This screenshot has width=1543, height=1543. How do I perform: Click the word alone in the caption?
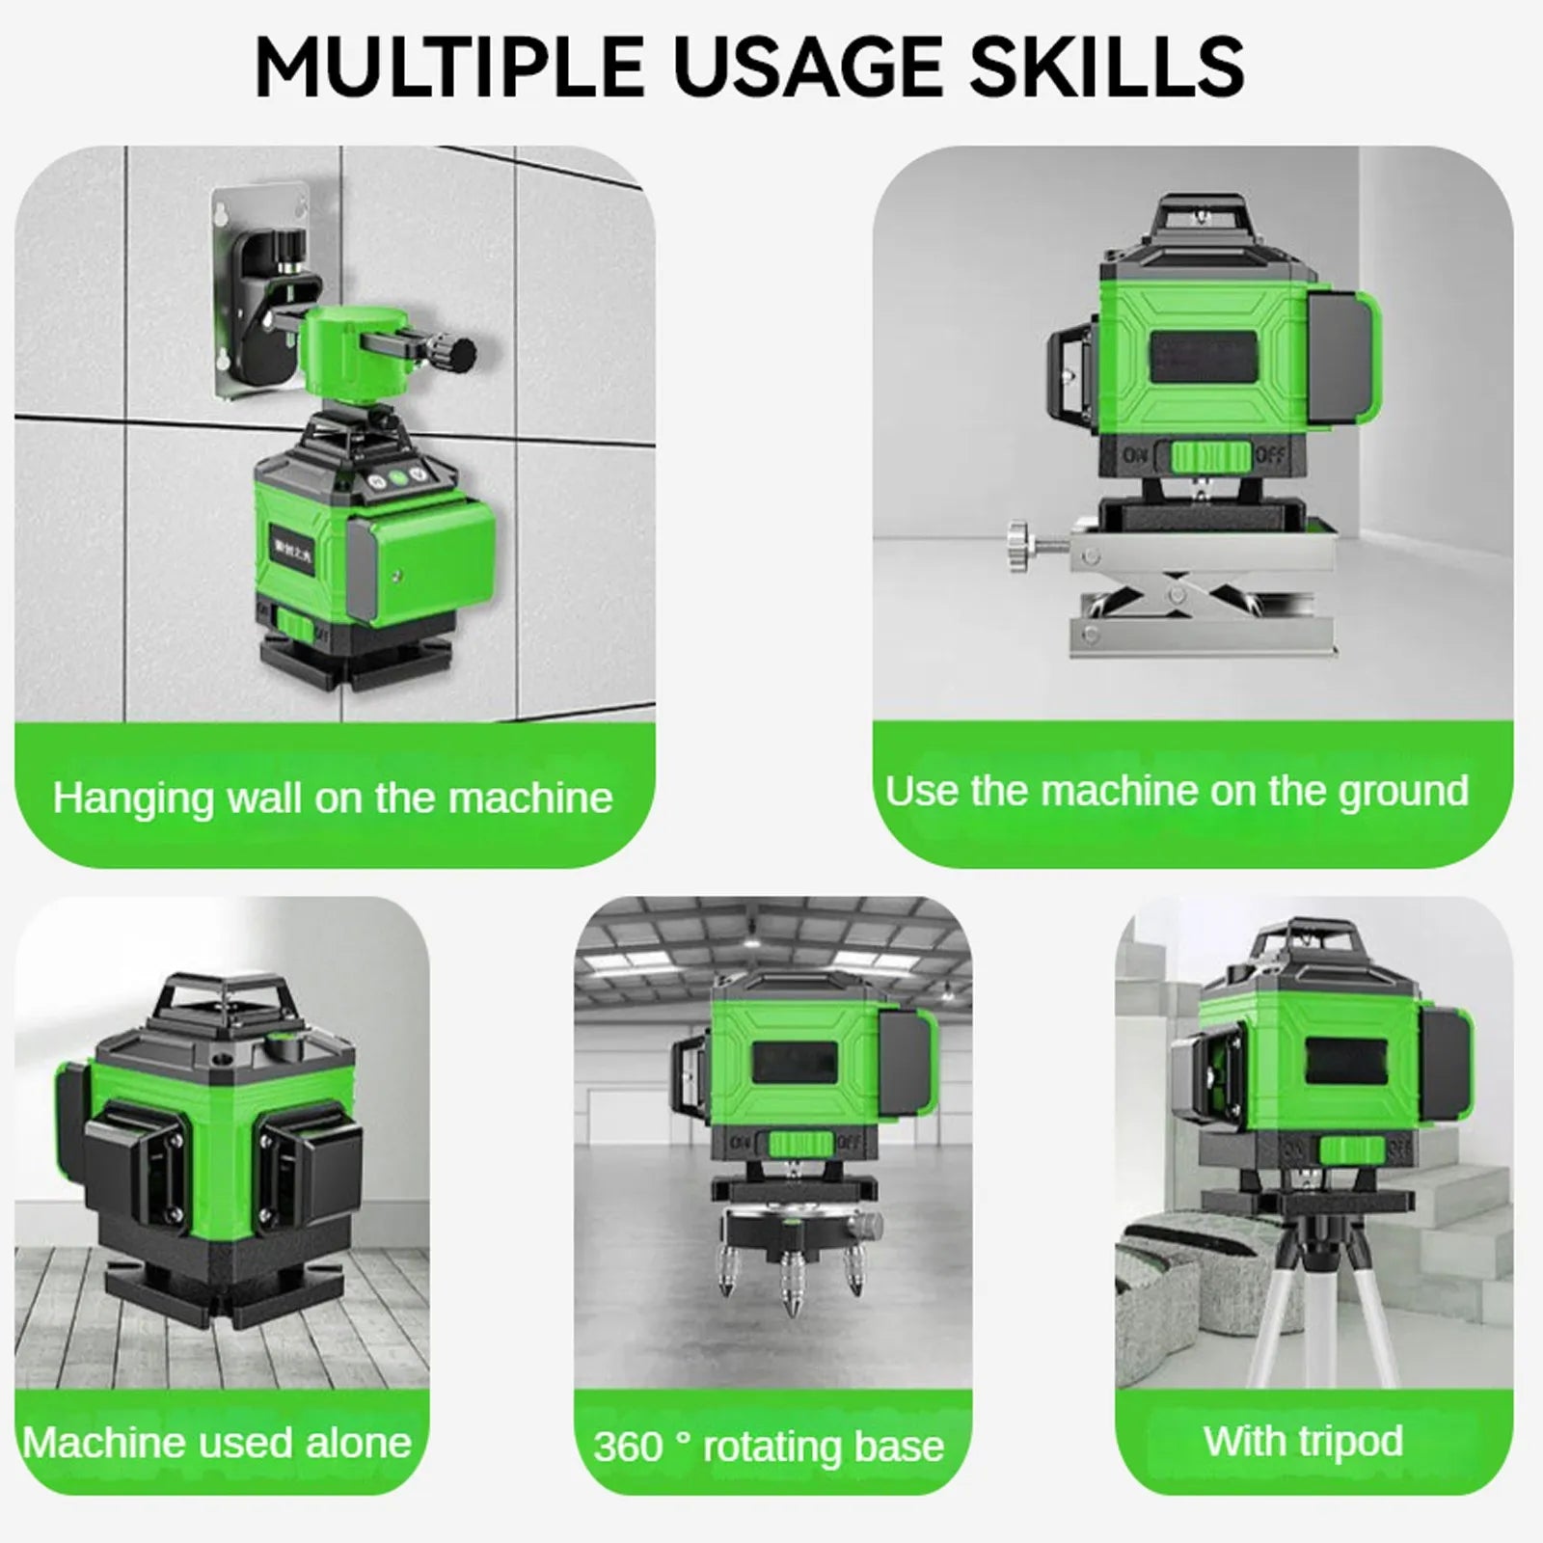click(359, 1443)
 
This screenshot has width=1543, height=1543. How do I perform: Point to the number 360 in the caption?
click(628, 1447)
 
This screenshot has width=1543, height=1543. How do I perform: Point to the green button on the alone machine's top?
click(284, 1041)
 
